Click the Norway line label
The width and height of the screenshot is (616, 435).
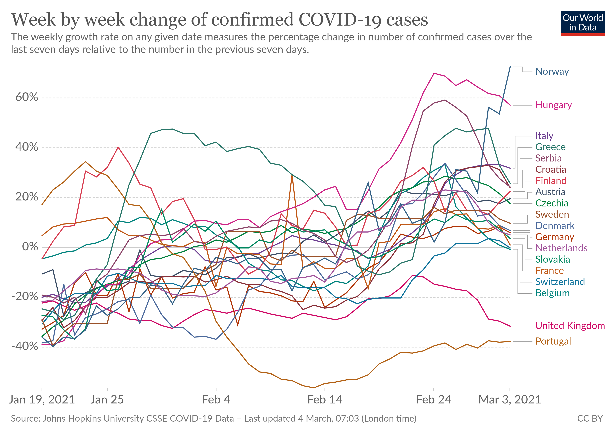pyautogui.click(x=552, y=71)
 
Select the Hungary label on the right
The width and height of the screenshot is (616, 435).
pyautogui.click(x=553, y=105)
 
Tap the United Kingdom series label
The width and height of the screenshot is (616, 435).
pyautogui.click(x=570, y=326)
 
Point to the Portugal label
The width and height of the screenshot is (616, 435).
pyautogui.click(x=553, y=341)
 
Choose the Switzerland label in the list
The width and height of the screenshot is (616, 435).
pyautogui.click(x=560, y=282)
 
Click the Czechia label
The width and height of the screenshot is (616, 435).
pyautogui.click(x=552, y=203)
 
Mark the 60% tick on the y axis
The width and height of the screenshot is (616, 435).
pyautogui.click(x=27, y=97)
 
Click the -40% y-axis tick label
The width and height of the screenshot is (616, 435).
pyautogui.click(x=25, y=346)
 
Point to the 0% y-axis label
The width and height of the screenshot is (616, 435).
pyautogui.click(x=30, y=247)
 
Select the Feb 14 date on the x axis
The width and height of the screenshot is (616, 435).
pyautogui.click(x=325, y=400)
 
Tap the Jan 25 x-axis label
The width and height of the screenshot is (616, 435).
pyautogui.click(x=107, y=400)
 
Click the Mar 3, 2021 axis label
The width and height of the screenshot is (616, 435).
pyautogui.click(x=509, y=400)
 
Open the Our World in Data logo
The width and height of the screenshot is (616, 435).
pyautogui.click(x=582, y=23)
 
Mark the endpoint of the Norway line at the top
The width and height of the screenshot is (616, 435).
pyautogui.click(x=510, y=67)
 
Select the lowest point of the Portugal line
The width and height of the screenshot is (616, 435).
pyautogui.click(x=314, y=388)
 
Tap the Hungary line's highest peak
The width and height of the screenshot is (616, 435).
pyautogui.click(x=434, y=73)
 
